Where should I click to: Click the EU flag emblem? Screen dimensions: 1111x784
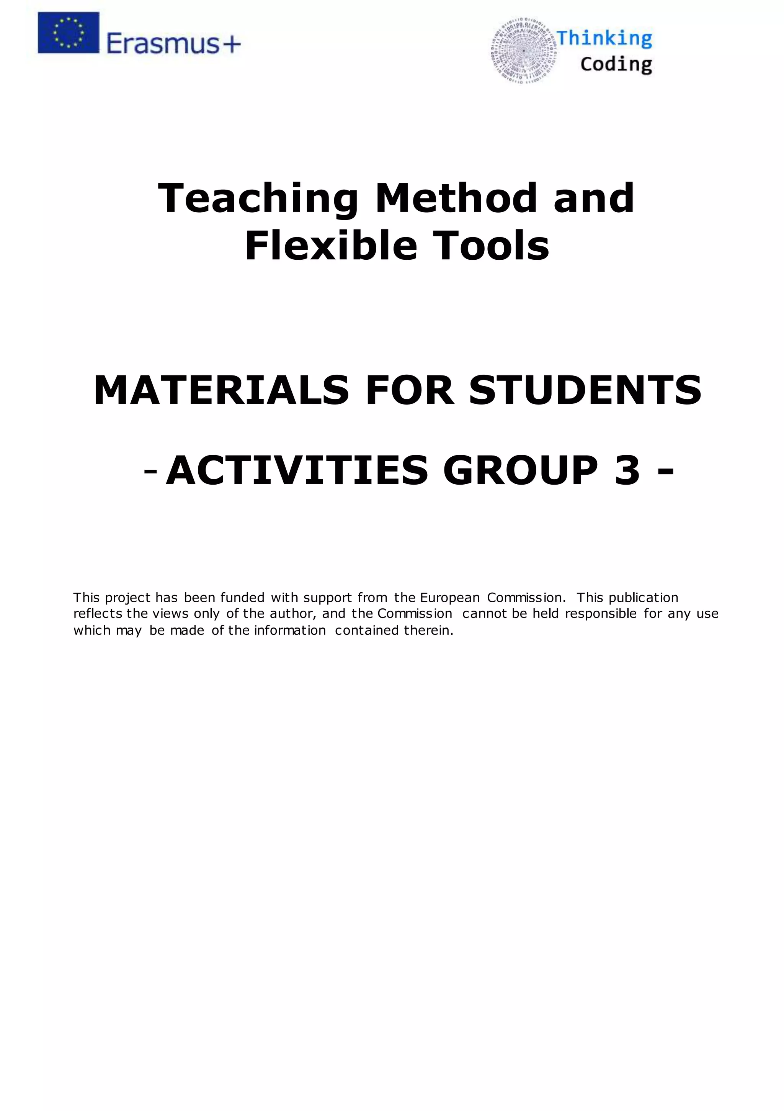click(68, 33)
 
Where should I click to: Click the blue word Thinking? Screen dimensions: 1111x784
click(604, 38)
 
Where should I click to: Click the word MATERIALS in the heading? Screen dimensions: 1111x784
click(221, 390)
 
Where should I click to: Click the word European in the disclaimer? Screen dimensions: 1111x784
click(450, 598)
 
